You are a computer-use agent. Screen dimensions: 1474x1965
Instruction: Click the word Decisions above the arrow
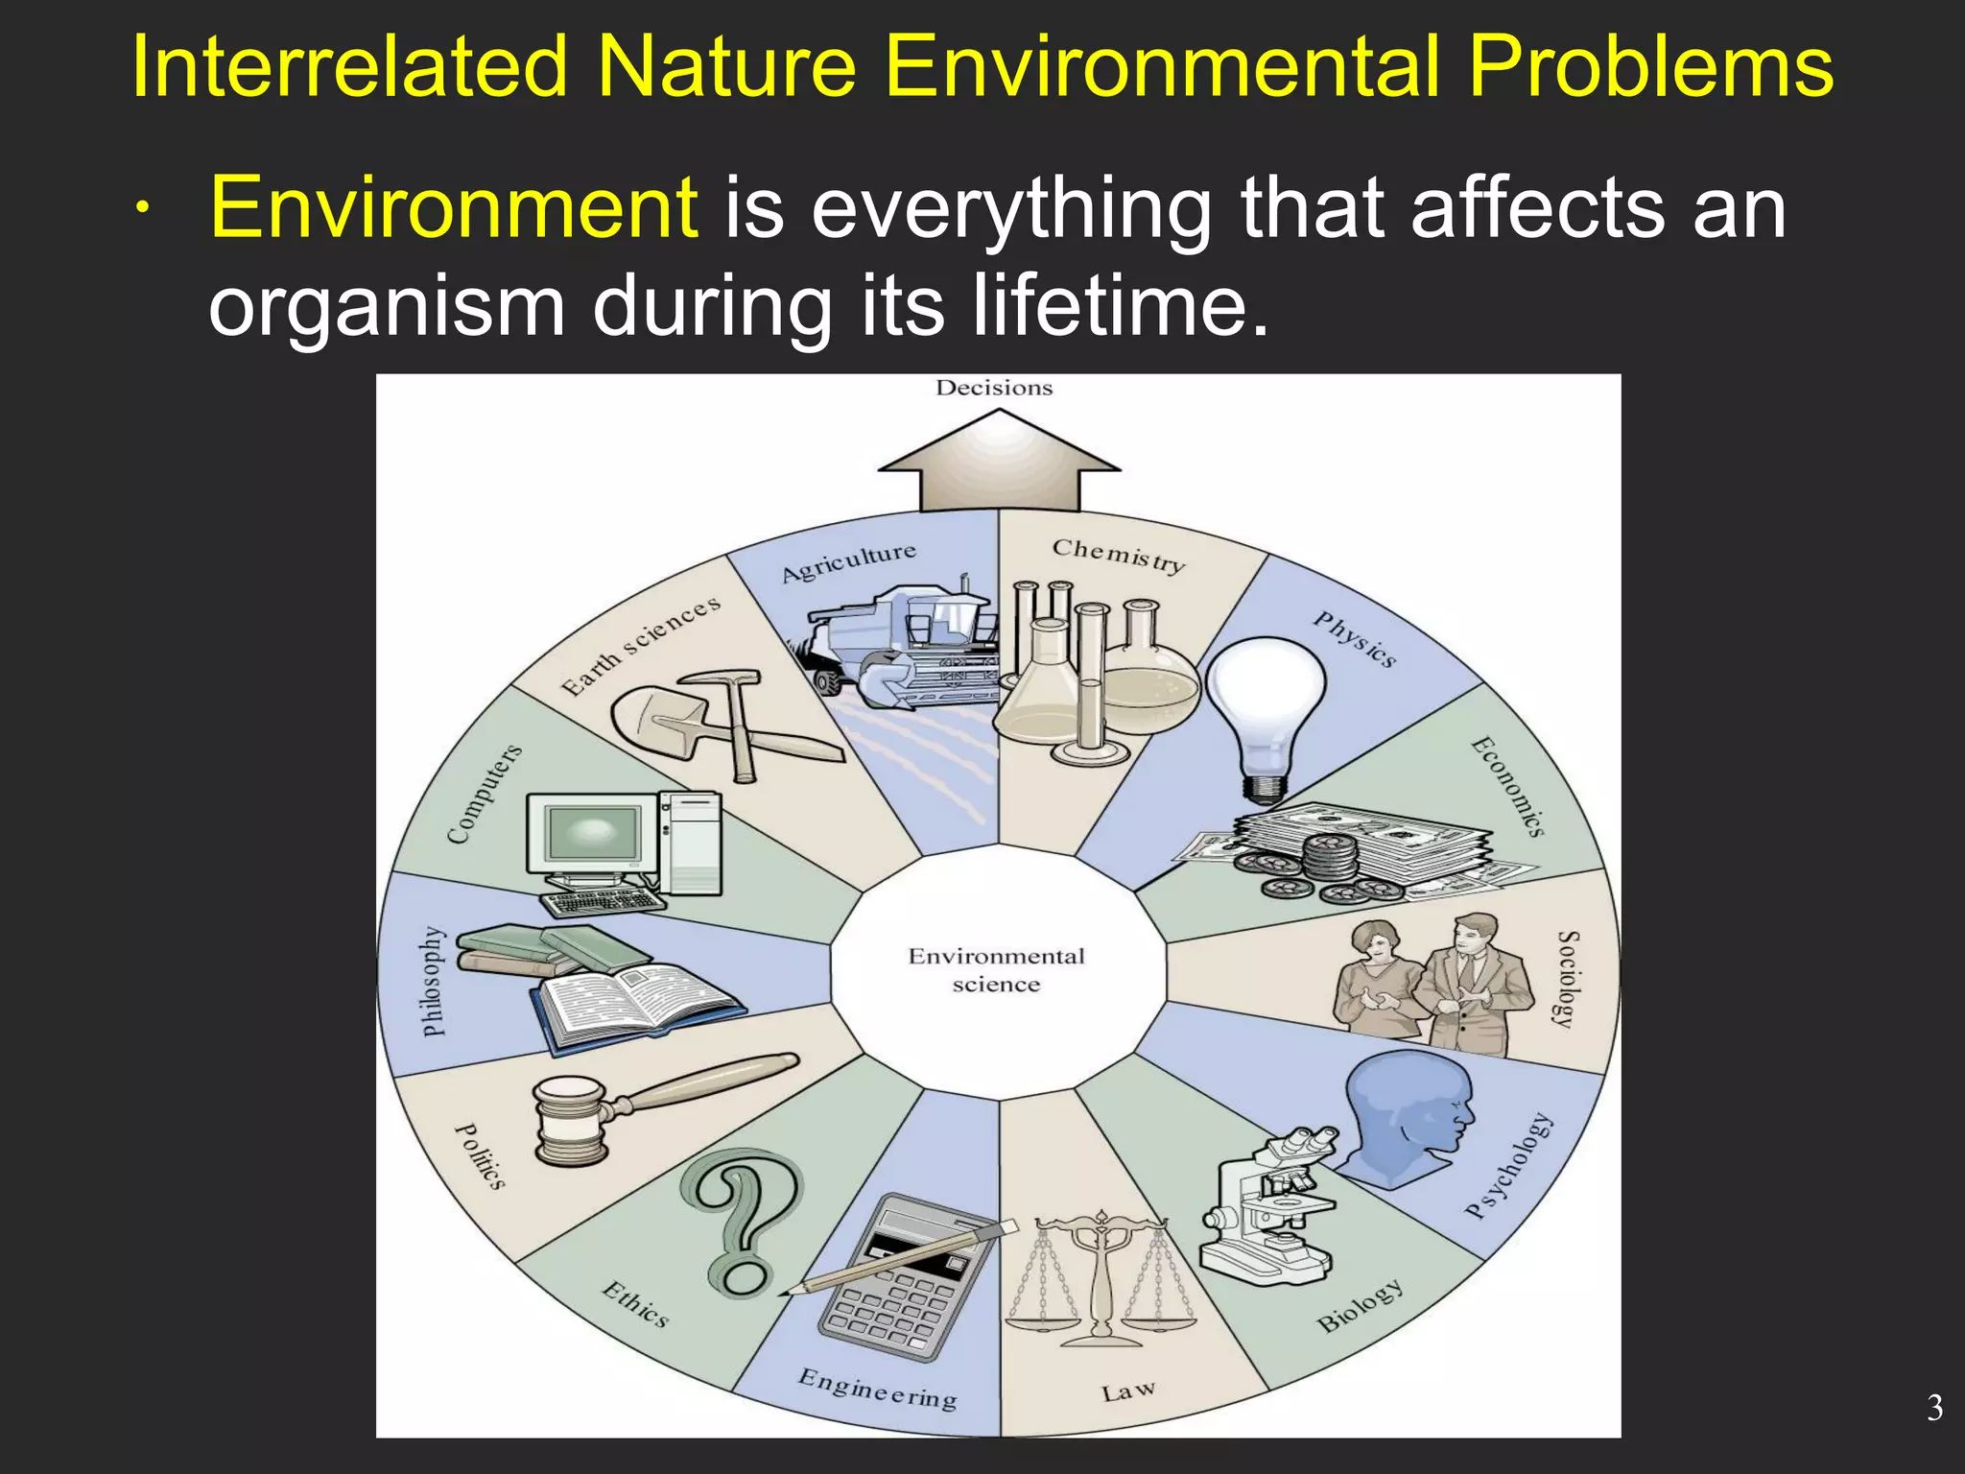(x=994, y=388)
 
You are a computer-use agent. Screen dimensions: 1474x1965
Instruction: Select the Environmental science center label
(x=996, y=969)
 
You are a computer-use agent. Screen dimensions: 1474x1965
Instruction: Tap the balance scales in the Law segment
(x=1101, y=1276)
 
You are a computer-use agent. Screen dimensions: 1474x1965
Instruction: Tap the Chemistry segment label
(x=1119, y=555)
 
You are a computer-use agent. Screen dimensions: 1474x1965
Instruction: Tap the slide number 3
(x=1934, y=1408)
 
